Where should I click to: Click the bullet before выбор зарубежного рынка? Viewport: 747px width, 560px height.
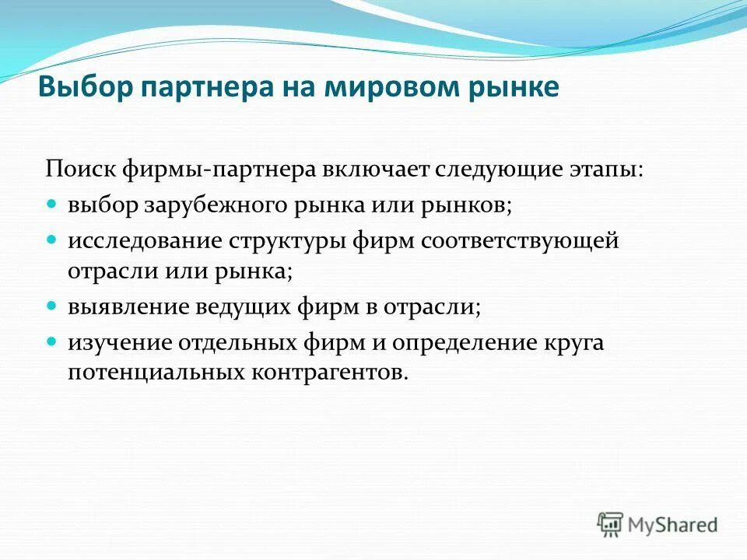tap(52, 204)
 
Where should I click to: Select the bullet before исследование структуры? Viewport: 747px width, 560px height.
tap(52, 238)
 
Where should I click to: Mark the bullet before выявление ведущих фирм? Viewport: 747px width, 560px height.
tap(52, 305)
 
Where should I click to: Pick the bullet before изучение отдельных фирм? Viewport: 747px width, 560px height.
tap(52, 339)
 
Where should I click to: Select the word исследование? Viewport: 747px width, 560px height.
tap(144, 240)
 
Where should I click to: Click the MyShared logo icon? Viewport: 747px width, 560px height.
tap(611, 523)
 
